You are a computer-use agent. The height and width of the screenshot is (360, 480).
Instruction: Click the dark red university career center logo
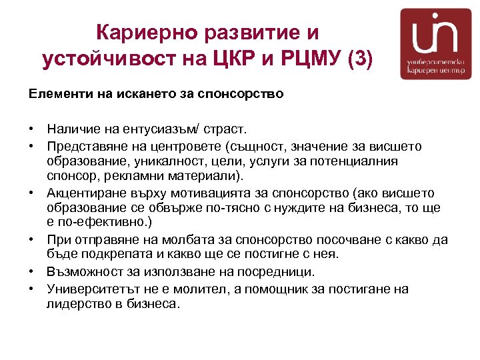[435, 44]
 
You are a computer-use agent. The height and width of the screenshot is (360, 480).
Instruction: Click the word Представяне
[87, 146]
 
